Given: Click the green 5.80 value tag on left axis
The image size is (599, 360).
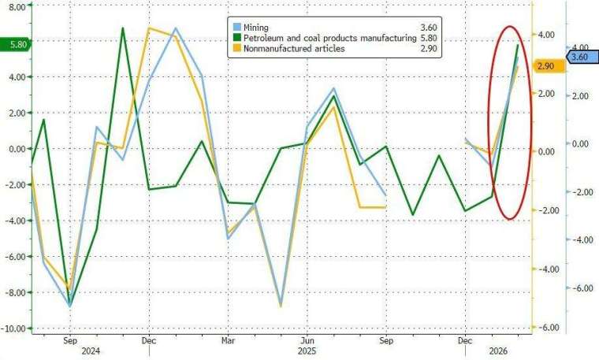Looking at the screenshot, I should tap(16, 45).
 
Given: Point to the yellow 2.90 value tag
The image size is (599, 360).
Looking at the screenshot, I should tap(549, 67).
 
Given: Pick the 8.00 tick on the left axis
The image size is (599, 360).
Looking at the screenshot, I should tap(18, 6).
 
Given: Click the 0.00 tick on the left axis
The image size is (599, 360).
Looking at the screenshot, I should tap(18, 149).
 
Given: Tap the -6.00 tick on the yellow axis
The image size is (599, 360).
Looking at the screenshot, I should tap(549, 328).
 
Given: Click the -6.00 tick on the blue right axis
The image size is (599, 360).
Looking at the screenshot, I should tap(580, 288).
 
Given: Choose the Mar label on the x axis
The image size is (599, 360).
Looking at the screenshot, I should tap(228, 340).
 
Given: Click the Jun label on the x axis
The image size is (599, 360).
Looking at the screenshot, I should tap(307, 340).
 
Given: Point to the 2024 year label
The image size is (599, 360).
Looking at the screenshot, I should tap(90, 351).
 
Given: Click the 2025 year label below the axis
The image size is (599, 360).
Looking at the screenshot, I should tap(307, 351).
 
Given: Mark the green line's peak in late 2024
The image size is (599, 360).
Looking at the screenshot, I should tap(123, 28).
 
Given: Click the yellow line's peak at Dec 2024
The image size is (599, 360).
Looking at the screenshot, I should tap(149, 28).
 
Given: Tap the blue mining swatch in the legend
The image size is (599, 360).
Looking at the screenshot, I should tap(238, 28).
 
